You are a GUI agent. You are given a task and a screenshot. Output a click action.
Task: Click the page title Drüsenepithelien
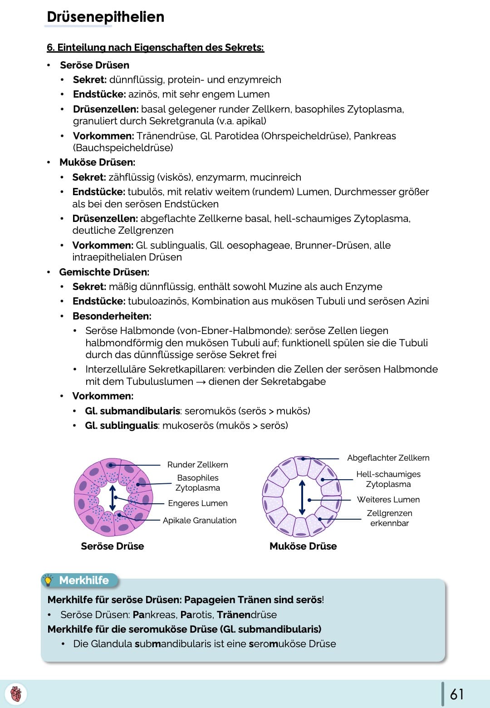(x=105, y=17)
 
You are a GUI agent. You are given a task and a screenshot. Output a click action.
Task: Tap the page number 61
(x=456, y=694)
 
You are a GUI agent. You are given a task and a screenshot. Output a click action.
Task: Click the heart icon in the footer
(x=16, y=694)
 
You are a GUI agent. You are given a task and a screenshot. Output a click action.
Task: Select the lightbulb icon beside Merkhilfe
(x=48, y=580)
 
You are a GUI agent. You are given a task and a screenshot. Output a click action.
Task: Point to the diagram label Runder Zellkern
(x=197, y=465)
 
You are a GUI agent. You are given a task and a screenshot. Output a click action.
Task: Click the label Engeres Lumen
(x=197, y=503)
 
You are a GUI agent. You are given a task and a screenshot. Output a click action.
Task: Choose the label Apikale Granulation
(x=200, y=521)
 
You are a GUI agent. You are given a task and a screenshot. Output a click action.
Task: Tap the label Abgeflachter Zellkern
(x=388, y=458)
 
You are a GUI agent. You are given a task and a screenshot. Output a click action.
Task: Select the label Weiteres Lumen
(x=388, y=500)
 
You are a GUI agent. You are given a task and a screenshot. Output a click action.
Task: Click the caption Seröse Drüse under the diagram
(x=112, y=546)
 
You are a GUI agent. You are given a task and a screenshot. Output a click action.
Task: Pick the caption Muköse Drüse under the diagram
(x=303, y=546)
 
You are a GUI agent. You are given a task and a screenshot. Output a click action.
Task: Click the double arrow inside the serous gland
(x=113, y=497)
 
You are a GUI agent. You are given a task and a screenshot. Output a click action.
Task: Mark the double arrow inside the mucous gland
(x=302, y=497)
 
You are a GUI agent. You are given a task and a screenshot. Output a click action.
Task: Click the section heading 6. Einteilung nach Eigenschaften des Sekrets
(x=155, y=48)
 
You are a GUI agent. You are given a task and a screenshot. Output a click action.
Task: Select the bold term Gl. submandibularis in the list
(x=132, y=411)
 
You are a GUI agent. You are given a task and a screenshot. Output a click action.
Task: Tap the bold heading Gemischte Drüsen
(x=104, y=272)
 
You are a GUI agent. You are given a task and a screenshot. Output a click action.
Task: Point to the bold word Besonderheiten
(x=112, y=316)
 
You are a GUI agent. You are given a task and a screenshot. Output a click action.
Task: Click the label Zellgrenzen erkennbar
(x=389, y=518)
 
